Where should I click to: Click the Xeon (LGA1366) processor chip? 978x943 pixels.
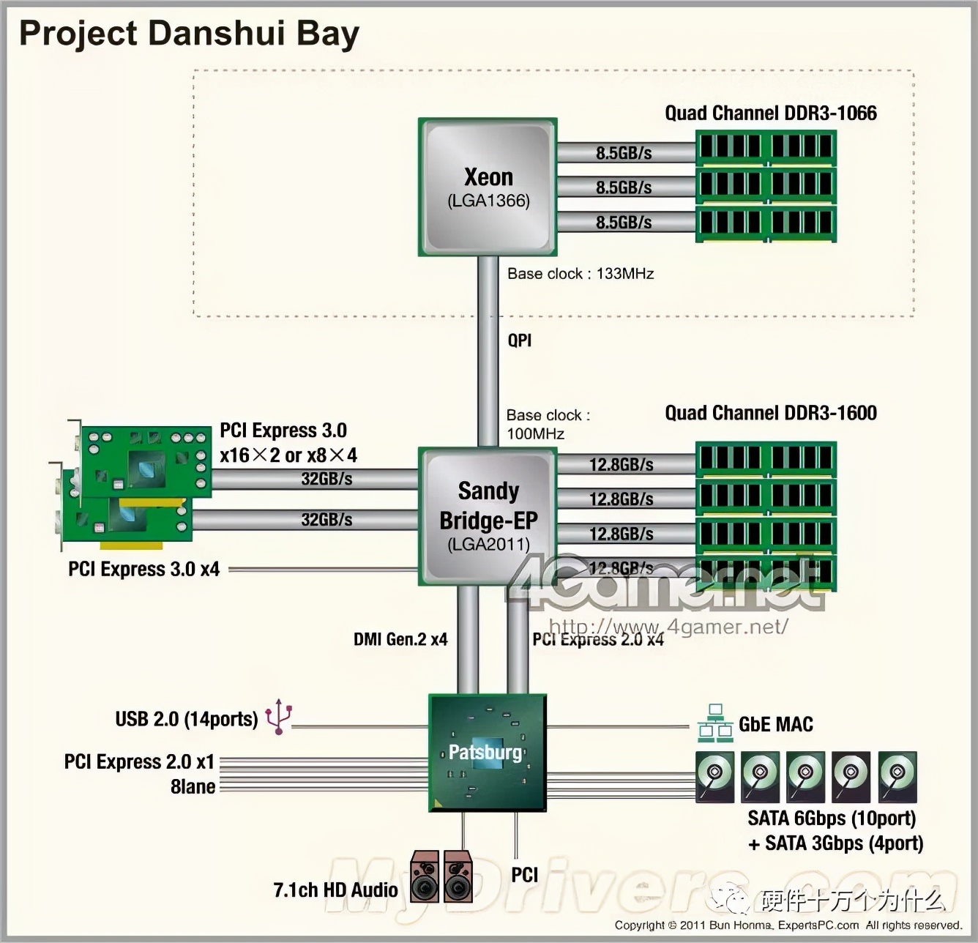tap(488, 187)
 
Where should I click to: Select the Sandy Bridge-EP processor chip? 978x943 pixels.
tap(488, 516)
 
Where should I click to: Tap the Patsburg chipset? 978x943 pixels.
tap(487, 753)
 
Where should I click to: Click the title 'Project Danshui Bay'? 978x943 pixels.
tap(189, 34)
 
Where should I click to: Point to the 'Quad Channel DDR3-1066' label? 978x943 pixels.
tap(770, 113)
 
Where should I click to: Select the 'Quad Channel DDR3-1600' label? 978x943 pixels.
tap(770, 413)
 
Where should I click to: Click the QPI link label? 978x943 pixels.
tap(519, 340)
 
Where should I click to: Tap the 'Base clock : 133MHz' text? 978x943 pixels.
tap(581, 274)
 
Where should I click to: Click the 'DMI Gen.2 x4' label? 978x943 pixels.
tap(400, 639)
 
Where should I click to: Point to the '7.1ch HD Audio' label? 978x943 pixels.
tap(335, 890)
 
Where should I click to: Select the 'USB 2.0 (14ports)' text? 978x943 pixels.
tap(187, 719)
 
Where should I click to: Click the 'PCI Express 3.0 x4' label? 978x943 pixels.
tap(143, 569)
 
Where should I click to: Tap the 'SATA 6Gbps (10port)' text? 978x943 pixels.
tap(832, 818)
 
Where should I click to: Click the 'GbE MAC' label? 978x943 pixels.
tap(776, 724)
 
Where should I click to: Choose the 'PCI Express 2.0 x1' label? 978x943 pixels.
tap(139, 761)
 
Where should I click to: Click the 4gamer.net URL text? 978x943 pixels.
tap(668, 627)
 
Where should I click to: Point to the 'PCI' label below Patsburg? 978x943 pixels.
tap(524, 875)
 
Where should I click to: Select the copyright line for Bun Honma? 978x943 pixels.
tap(788, 925)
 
